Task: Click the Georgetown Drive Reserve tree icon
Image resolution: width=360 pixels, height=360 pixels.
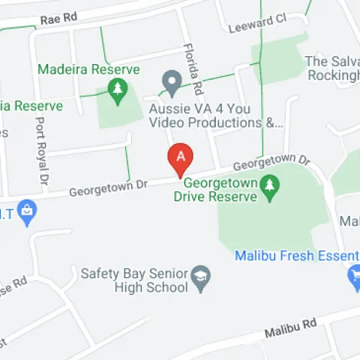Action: coord(270,185)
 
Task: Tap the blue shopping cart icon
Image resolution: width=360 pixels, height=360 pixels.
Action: coord(354,274)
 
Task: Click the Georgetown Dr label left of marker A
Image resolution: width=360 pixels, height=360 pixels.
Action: coord(108,188)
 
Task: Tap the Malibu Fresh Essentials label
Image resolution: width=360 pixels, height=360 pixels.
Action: coord(296,256)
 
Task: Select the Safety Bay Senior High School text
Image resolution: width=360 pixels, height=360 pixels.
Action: coord(135,280)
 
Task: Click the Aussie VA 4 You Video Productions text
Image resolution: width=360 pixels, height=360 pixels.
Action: coord(214,115)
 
